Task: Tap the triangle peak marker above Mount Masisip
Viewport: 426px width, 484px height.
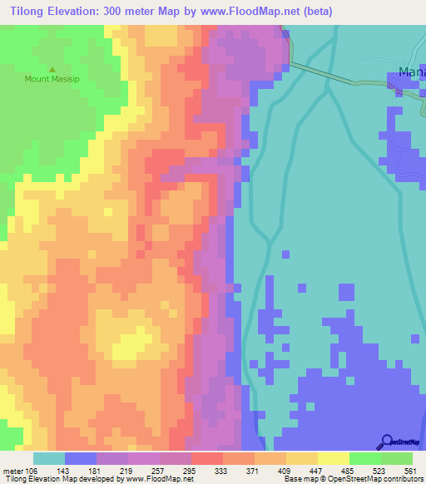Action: tap(52, 70)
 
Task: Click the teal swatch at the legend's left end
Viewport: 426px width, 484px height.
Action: tap(49, 458)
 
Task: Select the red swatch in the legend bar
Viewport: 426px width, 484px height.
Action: tap(207, 458)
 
